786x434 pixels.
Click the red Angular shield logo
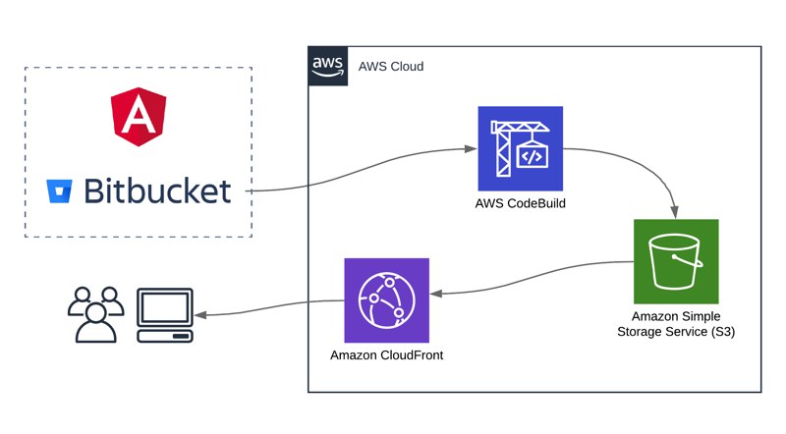point(139,117)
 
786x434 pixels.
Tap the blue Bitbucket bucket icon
point(59,190)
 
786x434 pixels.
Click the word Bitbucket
point(157,190)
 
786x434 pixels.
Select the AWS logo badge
point(328,66)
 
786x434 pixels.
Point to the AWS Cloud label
point(391,66)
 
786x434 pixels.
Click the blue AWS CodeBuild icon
point(521,148)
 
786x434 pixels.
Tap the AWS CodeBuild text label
point(521,203)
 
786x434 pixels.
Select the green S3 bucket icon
point(676,261)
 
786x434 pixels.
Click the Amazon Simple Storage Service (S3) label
point(676,324)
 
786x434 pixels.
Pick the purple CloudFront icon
point(386,300)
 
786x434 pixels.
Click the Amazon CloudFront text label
point(386,355)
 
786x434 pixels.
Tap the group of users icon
point(95,315)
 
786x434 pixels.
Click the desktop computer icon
point(165,315)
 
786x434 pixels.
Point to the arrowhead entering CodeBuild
point(471,149)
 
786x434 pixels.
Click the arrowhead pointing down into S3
point(675,211)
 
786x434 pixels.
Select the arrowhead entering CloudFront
point(436,294)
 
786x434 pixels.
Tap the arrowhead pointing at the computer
point(200,315)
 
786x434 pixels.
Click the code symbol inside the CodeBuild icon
point(532,157)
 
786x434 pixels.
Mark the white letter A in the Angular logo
point(139,115)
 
